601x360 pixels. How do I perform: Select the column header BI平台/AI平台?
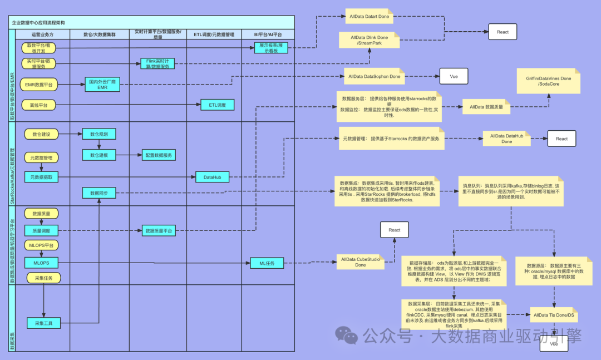(268, 34)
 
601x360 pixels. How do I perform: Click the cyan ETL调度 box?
(218, 105)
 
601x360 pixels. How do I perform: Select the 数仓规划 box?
(99, 134)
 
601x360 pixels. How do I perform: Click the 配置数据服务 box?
(159, 155)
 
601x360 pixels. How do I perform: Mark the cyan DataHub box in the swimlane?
(212, 177)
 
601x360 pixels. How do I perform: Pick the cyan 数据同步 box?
(99, 193)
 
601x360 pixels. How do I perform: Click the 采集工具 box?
(43, 323)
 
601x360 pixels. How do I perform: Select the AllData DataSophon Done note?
(372, 76)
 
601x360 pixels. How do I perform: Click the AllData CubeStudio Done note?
(360, 262)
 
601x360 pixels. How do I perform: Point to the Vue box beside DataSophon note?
(454, 76)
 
